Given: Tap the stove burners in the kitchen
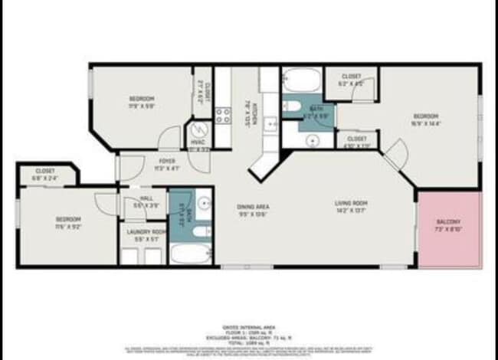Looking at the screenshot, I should pyautogui.click(x=223, y=116).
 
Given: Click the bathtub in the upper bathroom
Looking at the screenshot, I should pyautogui.click(x=301, y=80).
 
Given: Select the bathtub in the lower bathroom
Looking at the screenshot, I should pyautogui.click(x=190, y=253).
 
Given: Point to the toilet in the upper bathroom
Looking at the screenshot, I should pyautogui.click(x=292, y=106).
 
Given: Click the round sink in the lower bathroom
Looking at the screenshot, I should pyautogui.click(x=204, y=203).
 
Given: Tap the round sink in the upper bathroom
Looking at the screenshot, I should pyautogui.click(x=312, y=140).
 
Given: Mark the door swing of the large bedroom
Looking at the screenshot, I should pyautogui.click(x=396, y=155).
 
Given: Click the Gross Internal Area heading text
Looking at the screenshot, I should pyautogui.click(x=248, y=325).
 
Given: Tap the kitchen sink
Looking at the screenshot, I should pyautogui.click(x=270, y=123).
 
